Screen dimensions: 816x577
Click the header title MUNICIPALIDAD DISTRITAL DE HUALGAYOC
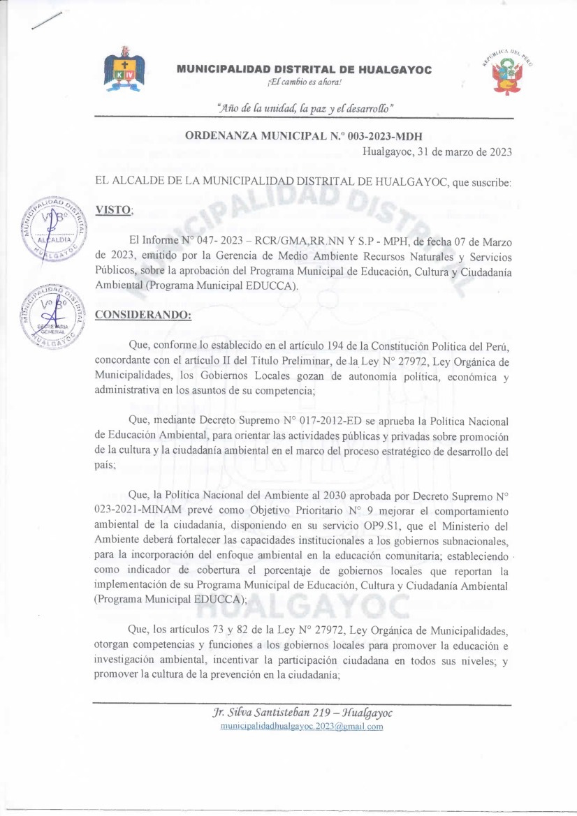click(x=304, y=70)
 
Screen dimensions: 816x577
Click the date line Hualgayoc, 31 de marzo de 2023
click(x=437, y=151)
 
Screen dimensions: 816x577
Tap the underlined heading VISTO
click(x=113, y=209)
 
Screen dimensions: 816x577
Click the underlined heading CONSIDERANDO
click(x=143, y=315)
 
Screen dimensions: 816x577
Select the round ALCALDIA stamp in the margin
click(x=52, y=228)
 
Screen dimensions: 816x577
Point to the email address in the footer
click(x=302, y=727)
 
